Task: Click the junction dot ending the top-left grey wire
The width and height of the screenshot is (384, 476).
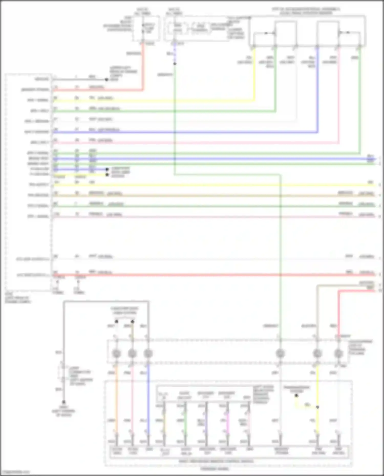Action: [x=106, y=80]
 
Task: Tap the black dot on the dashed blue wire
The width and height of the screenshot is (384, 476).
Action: [x=175, y=63]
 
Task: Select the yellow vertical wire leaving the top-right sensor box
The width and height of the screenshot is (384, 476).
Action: [x=254, y=74]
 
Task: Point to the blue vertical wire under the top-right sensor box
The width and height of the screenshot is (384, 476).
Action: [x=317, y=90]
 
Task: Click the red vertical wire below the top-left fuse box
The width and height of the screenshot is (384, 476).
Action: [x=143, y=67]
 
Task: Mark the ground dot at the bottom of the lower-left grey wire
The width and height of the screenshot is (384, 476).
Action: [x=64, y=402]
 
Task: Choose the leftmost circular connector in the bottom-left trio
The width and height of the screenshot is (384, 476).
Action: [x=116, y=354]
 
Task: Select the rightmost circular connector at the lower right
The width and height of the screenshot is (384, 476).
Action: [x=338, y=354]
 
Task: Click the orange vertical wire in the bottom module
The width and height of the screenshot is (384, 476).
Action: [x=116, y=399]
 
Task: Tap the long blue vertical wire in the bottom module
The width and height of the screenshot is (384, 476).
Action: [x=148, y=399]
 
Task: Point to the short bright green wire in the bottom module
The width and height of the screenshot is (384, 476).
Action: [x=186, y=422]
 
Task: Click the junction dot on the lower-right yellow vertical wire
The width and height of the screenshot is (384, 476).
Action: [x=317, y=407]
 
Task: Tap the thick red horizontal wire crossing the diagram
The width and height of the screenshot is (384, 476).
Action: [x=205, y=275]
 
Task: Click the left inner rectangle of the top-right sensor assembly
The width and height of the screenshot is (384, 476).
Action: [x=286, y=33]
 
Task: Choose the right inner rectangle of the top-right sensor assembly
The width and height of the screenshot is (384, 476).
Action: [x=328, y=33]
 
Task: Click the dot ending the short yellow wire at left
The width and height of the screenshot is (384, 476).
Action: [x=107, y=175]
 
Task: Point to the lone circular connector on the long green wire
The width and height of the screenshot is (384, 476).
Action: [x=280, y=354]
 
